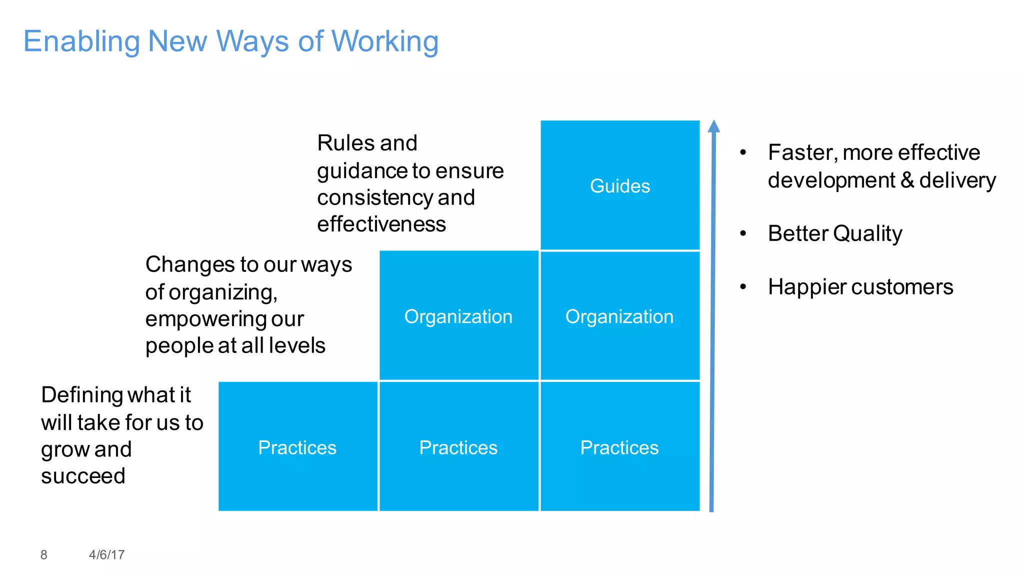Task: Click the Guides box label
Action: tap(620, 186)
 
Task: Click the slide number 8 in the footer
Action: tap(44, 554)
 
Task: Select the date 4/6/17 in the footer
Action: tap(106, 554)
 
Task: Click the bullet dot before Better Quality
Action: tap(743, 233)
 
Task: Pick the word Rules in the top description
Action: tap(345, 143)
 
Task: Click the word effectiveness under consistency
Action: tap(381, 224)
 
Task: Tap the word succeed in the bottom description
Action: tap(83, 476)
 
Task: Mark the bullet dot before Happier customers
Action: tap(743, 287)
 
